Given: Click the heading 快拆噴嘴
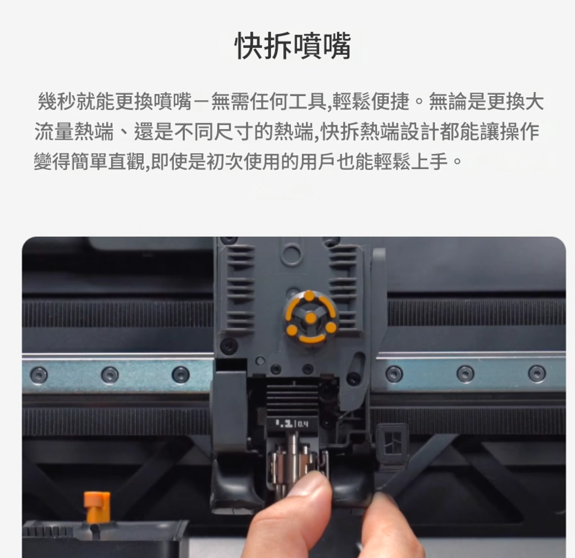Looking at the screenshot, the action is (x=293, y=46).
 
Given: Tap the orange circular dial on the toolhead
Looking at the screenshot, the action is (x=310, y=317).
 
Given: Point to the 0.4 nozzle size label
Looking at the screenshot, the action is (x=303, y=424).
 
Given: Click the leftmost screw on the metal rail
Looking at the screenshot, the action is (x=39, y=375).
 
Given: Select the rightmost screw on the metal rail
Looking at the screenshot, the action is (x=536, y=373).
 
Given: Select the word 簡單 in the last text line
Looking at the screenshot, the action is (x=89, y=162).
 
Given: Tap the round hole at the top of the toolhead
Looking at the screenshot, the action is (x=291, y=253).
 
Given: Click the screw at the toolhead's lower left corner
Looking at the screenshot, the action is (x=229, y=345).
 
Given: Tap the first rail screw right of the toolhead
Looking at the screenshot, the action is (x=394, y=374).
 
